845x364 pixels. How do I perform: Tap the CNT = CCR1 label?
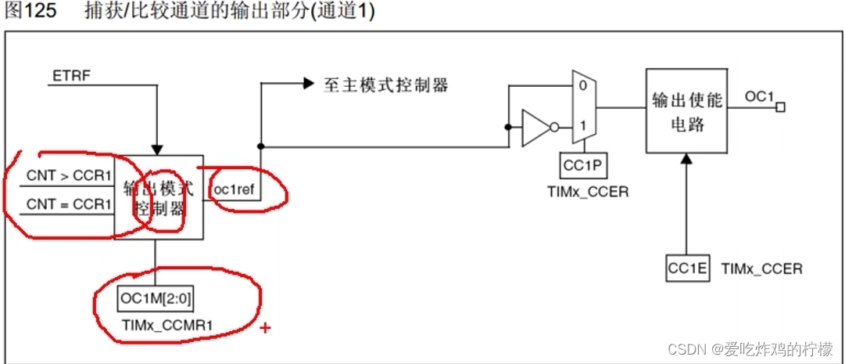pyautogui.click(x=70, y=205)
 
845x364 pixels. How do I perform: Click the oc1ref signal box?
pyautogui.click(x=235, y=189)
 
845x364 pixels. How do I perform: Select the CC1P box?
pyautogui.click(x=583, y=165)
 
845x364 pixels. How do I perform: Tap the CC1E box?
pyautogui.click(x=688, y=268)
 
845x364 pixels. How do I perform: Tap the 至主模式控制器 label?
pyautogui.click(x=386, y=85)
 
